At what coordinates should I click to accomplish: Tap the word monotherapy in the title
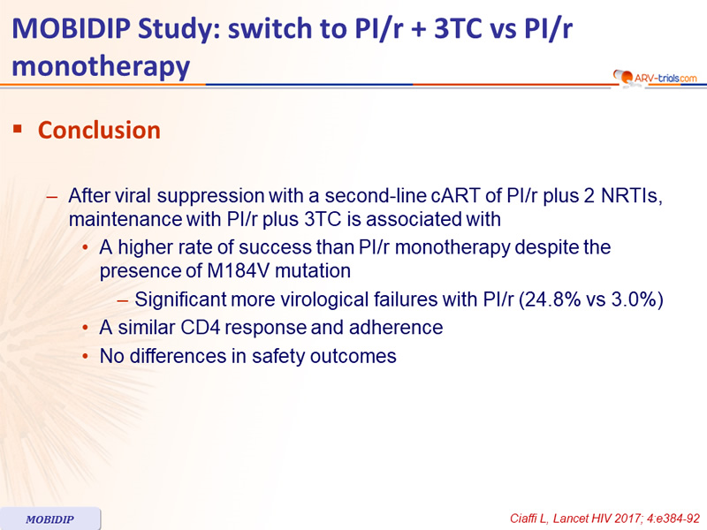[101, 67]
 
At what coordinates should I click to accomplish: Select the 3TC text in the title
[461, 28]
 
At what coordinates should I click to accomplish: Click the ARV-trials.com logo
[655, 78]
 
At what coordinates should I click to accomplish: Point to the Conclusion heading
[99, 130]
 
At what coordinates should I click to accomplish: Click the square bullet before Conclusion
[18, 129]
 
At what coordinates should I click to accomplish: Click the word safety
[277, 357]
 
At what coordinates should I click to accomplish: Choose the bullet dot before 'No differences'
[85, 357]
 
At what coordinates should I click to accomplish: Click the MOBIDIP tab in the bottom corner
[49, 519]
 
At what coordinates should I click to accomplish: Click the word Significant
[180, 299]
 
